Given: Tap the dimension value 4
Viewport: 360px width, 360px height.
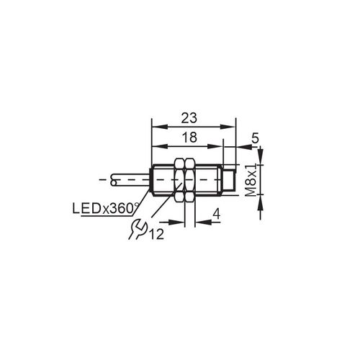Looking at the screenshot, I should click(216, 212).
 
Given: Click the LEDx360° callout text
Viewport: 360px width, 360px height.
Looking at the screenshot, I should click(104, 209).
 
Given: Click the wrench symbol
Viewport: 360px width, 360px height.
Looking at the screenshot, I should click(135, 230).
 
